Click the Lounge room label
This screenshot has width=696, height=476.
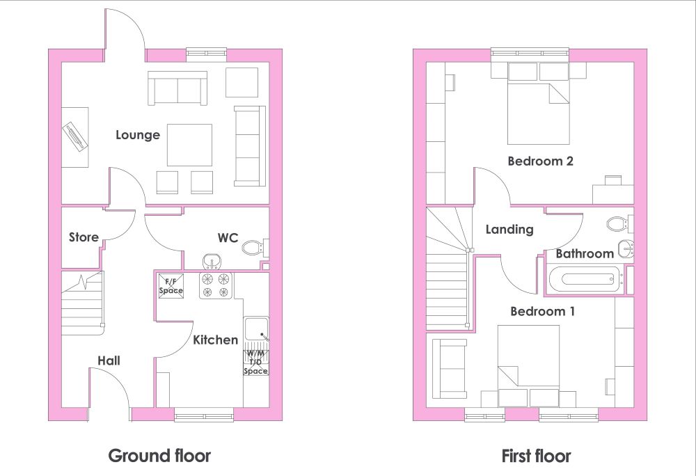tap(138, 135)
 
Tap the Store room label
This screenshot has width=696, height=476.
tap(84, 237)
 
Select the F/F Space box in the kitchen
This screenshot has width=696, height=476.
tap(171, 286)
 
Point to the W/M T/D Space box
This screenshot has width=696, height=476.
tap(256, 363)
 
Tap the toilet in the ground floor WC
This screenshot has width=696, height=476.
tap(255, 247)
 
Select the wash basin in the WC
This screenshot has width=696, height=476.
tap(212, 262)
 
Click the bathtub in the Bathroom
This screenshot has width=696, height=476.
tap(585, 279)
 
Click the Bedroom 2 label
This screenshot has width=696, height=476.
tap(540, 161)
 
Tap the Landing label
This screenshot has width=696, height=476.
tap(509, 230)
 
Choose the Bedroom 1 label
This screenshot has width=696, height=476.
tap(542, 312)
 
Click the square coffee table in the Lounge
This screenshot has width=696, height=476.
tap(189, 145)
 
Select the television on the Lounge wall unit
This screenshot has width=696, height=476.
tap(74, 138)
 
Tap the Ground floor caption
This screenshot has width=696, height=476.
tap(159, 456)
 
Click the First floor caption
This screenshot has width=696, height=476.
tap(536, 456)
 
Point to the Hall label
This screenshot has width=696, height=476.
tap(109, 360)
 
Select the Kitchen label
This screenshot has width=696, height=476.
tap(215, 340)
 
